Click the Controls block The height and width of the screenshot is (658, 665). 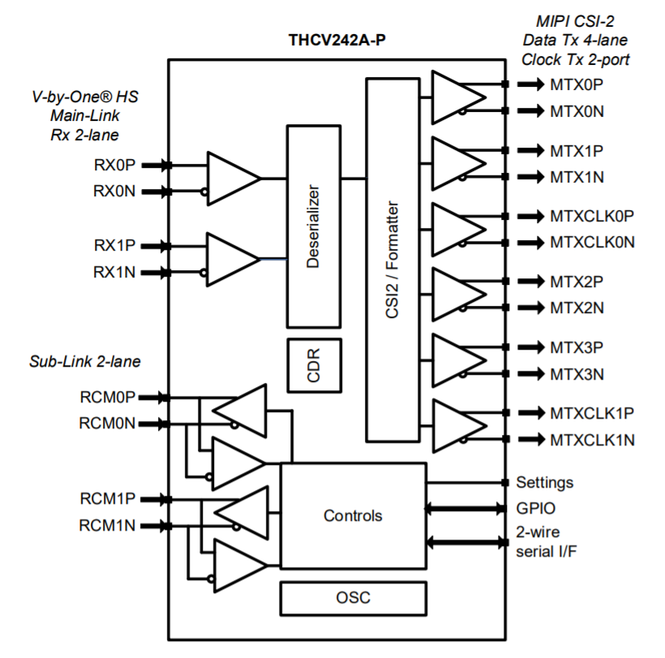pos(353,515)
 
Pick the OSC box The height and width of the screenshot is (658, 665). pos(353,599)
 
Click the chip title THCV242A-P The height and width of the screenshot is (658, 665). pos(337,39)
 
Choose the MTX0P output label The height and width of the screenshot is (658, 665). pos(577,84)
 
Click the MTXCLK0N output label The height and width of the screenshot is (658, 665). pos(592,242)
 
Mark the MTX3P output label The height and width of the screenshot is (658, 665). pos(577,347)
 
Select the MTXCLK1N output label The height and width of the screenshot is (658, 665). pos(592,440)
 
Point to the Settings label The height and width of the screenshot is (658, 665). pos(544,482)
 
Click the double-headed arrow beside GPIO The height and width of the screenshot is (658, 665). pos(466,509)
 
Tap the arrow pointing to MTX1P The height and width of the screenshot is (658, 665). pos(530,150)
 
